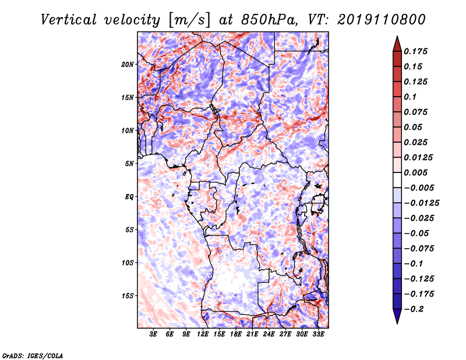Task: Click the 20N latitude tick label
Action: pyautogui.click(x=128, y=65)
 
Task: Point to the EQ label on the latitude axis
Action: pyautogui.click(x=129, y=197)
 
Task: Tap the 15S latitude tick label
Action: pyautogui.click(x=128, y=296)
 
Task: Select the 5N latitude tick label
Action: pyautogui.click(x=129, y=164)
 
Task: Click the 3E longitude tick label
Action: pyautogui.click(x=153, y=334)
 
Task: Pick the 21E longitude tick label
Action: pyautogui.click(x=252, y=334)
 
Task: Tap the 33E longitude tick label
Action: pyautogui.click(x=318, y=334)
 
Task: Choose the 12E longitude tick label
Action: pyautogui.click(x=203, y=334)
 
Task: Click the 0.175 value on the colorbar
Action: pyautogui.click(x=415, y=51)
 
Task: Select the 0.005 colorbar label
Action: pyautogui.click(x=415, y=172)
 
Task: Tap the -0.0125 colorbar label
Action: pyautogui.click(x=421, y=203)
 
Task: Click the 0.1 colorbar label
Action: pyautogui.click(x=410, y=97)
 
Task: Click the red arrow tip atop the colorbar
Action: pyautogui.click(x=397, y=36)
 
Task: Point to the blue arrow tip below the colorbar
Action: pyautogui.click(x=397, y=323)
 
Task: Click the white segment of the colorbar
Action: pyautogui.click(x=397, y=180)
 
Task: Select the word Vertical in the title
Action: pyautogui.click(x=69, y=20)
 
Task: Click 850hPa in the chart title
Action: pyautogui.click(x=269, y=20)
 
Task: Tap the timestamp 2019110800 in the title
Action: pyautogui.click(x=382, y=20)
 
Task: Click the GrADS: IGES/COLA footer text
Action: pyautogui.click(x=33, y=355)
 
